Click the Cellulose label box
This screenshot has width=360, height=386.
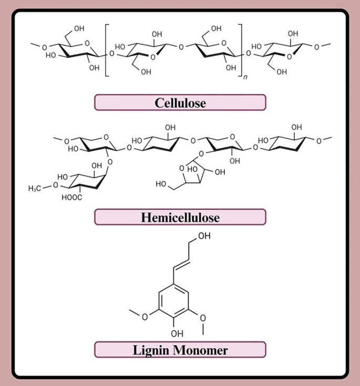(180, 102)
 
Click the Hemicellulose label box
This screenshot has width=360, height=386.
(180, 217)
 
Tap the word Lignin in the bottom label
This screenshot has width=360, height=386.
(151, 350)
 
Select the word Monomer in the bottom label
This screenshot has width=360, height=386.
(200, 350)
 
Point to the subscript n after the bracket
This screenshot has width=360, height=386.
(245, 77)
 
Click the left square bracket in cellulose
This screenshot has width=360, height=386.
(106, 50)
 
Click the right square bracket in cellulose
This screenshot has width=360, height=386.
(241, 50)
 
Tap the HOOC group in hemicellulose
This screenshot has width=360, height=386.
(71, 197)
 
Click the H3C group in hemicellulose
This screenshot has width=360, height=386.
(35, 189)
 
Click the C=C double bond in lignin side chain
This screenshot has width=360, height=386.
(182, 264)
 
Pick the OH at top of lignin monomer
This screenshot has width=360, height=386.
(204, 236)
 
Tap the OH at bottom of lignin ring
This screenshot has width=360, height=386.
(177, 334)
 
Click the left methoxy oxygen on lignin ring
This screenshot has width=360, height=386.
(145, 317)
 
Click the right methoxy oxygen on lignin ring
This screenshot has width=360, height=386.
(203, 318)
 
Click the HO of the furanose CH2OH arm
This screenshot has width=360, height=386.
(161, 184)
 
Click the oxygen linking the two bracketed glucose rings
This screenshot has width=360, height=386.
(181, 47)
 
